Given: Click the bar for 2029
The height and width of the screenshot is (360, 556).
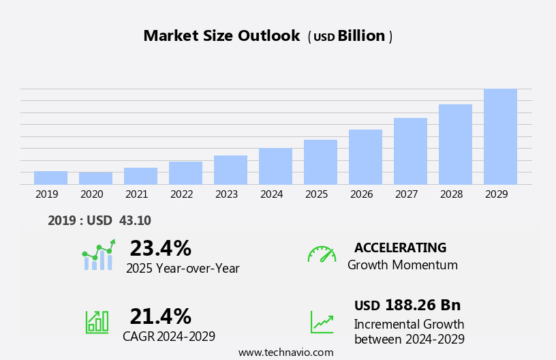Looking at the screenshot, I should (x=500, y=136).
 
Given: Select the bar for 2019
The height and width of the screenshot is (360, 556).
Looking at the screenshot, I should (x=50, y=178).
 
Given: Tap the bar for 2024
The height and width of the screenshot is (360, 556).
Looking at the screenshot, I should (x=275, y=166).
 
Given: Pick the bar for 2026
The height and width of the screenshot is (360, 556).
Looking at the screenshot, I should (x=365, y=157).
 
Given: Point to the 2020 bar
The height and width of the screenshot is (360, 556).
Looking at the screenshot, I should (x=95, y=179).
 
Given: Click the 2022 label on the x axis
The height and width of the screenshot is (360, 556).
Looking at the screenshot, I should (x=181, y=194).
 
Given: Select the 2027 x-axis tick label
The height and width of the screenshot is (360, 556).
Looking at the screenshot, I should (x=406, y=194).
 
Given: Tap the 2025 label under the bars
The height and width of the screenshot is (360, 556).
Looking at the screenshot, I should (x=316, y=194).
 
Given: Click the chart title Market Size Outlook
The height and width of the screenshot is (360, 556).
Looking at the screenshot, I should (x=221, y=36).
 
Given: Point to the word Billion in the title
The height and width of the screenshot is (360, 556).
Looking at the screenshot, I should (x=361, y=36).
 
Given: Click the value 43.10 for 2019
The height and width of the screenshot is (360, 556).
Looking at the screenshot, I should (x=135, y=220).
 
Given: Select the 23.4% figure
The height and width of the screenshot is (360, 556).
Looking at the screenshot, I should (x=160, y=248).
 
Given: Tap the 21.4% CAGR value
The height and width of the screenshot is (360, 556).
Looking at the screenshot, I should (x=160, y=316).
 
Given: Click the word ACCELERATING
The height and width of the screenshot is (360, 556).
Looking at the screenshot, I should (x=400, y=247).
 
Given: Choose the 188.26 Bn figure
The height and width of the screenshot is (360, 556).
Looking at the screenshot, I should (x=422, y=305).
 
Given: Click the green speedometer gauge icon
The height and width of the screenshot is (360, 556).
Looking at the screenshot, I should (x=322, y=254).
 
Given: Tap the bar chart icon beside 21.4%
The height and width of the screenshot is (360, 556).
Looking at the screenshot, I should (x=97, y=321).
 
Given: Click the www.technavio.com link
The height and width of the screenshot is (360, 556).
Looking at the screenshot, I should (x=285, y=352).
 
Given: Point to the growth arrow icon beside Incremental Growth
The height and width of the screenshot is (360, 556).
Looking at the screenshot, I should (x=322, y=322).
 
